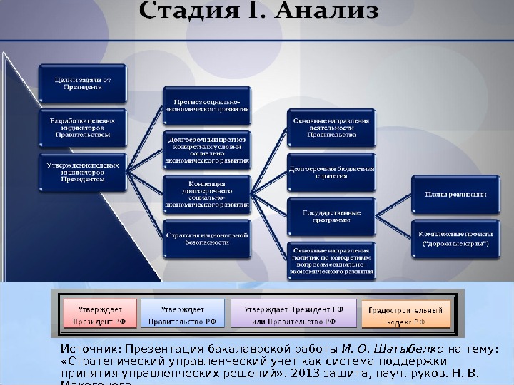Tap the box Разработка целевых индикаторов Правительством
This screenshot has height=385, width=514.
click(x=81, y=127)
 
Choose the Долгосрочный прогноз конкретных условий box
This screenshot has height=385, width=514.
click(x=207, y=150)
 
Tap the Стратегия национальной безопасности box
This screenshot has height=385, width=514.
click(x=207, y=237)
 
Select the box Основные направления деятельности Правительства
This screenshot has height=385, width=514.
click(x=331, y=128)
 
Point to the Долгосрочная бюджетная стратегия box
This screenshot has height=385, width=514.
click(x=331, y=173)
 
